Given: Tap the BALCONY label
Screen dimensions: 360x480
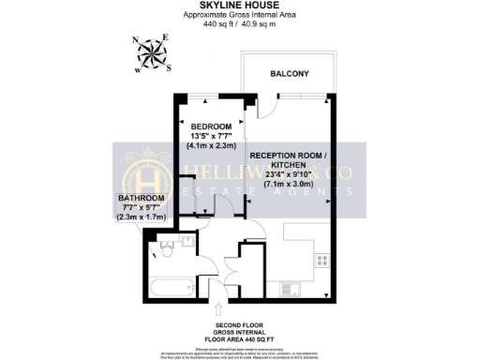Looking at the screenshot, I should click(x=291, y=72).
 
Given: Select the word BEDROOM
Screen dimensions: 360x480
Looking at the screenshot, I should click(x=211, y=127).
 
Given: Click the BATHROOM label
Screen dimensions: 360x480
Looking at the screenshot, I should click(x=141, y=199).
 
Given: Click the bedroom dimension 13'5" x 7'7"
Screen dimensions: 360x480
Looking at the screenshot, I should click(x=210, y=136).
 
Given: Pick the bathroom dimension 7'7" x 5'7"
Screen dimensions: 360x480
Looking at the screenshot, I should click(x=141, y=208).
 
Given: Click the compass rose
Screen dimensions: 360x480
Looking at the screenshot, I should click(x=150, y=54).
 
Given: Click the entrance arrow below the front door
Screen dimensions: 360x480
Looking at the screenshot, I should click(x=219, y=309).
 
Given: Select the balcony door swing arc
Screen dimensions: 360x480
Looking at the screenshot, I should click(x=264, y=105).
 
